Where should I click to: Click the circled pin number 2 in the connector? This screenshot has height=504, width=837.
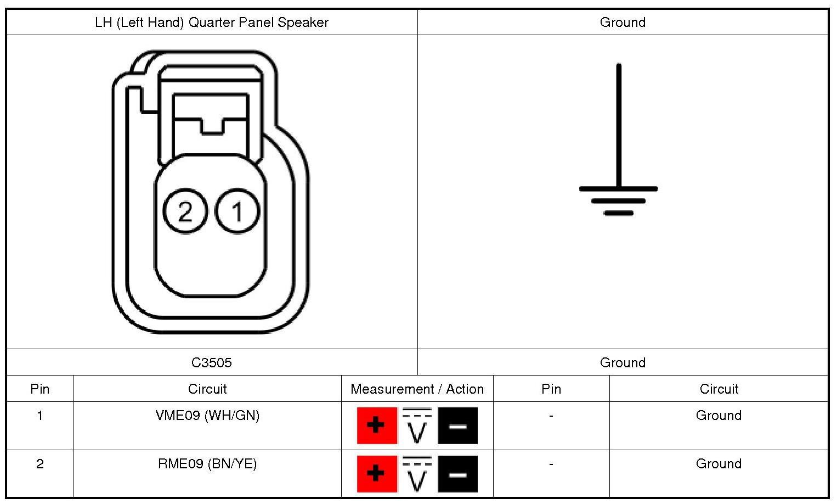point(185,211)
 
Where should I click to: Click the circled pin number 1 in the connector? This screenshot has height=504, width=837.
point(237,211)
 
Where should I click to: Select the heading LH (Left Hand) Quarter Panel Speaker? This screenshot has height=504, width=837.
point(212,23)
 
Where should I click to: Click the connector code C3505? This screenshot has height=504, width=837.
point(212,362)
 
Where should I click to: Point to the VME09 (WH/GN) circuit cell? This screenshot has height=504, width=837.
point(207,416)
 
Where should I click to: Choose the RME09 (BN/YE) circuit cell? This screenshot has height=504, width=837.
point(207,464)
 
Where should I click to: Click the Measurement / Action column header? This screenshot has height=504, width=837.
point(417,389)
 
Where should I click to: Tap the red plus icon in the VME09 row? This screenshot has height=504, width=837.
point(376,425)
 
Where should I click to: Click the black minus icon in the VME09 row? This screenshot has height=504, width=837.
point(457,425)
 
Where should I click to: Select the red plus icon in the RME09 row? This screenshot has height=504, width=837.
point(376,474)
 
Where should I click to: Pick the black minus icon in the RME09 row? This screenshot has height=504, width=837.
point(457,474)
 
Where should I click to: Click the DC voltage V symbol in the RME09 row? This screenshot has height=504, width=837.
point(417,474)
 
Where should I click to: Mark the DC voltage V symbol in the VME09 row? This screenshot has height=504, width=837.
point(417,425)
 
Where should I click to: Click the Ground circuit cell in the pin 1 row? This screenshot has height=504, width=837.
point(719,416)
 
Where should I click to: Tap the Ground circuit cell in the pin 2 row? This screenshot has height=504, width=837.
point(719,464)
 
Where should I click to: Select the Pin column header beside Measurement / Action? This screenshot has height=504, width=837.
point(551,389)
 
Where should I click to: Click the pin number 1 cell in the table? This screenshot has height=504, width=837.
point(39,416)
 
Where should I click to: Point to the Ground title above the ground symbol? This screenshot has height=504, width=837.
point(623,23)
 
